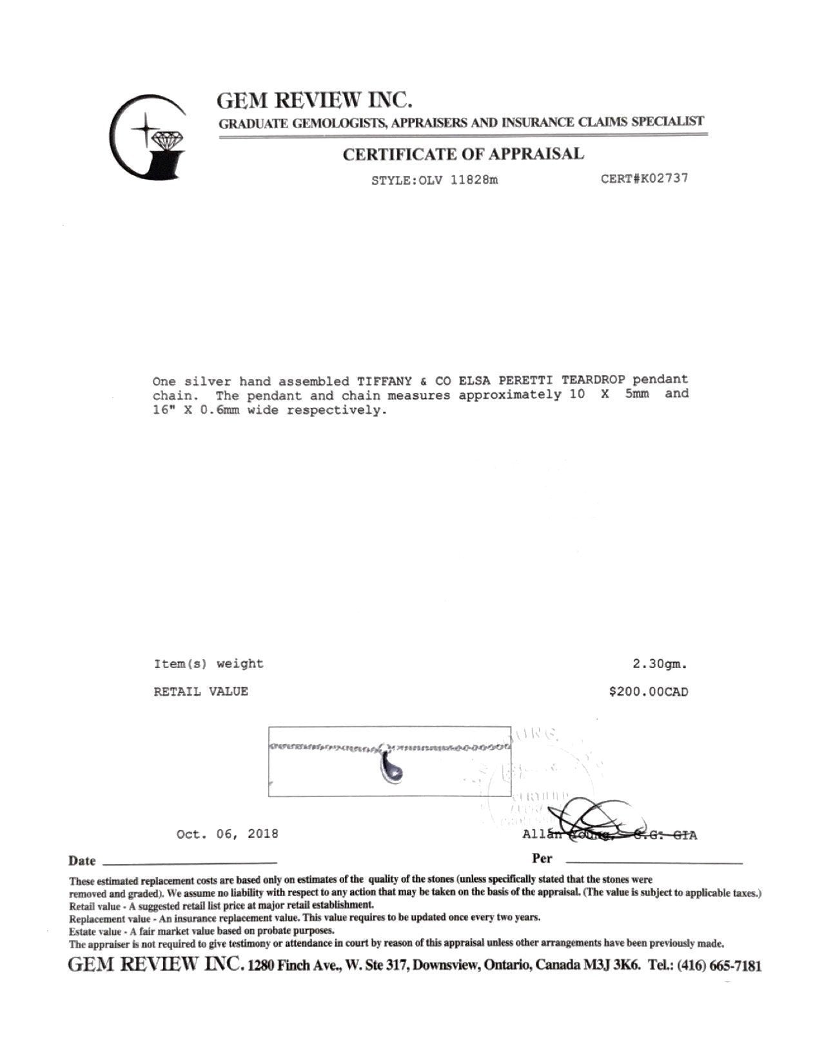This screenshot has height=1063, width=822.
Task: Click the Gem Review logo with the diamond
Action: (x=148, y=137)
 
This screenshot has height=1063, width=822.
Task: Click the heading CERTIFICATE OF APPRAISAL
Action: (x=463, y=154)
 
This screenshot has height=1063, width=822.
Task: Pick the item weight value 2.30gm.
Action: (x=660, y=664)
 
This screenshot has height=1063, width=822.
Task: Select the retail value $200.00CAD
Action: (x=649, y=692)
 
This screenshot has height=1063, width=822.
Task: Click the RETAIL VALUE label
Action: (x=201, y=692)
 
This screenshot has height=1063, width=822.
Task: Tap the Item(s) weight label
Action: (x=208, y=664)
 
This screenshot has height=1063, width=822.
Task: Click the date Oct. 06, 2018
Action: (x=228, y=834)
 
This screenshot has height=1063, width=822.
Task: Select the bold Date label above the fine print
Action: (x=83, y=861)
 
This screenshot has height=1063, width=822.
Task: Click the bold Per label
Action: (x=542, y=859)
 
